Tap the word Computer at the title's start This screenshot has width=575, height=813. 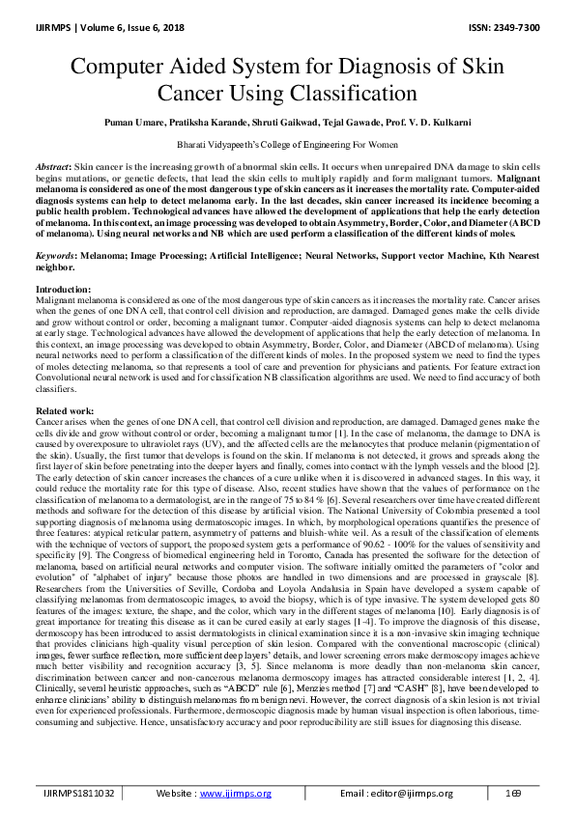tap(129, 70)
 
